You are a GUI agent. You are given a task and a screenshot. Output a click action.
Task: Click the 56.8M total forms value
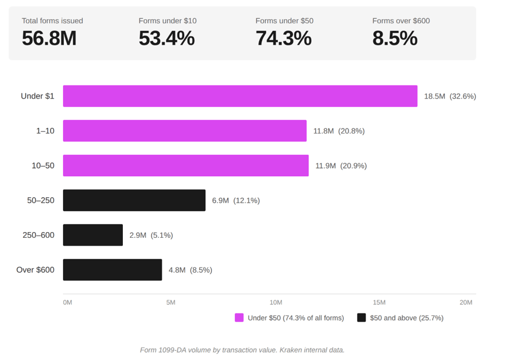coord(49,38)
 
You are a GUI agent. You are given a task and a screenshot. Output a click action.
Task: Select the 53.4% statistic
coord(166,38)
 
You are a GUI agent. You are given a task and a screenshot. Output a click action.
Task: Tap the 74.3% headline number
coord(283,38)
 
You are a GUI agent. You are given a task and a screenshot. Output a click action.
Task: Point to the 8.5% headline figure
coord(395,38)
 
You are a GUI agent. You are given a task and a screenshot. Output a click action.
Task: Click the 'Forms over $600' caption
coord(401,21)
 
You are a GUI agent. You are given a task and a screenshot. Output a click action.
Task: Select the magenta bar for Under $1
coord(240,96)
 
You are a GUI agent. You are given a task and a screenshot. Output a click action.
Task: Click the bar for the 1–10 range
coord(185,131)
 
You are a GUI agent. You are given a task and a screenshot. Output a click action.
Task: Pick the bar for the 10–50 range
coord(186,166)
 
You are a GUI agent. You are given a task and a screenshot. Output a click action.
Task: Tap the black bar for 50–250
coord(134,201)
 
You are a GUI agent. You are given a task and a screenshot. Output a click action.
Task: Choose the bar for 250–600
coord(93,235)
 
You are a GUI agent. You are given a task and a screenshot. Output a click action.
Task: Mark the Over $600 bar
coord(113,270)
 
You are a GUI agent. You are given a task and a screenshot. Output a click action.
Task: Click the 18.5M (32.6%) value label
coord(450,96)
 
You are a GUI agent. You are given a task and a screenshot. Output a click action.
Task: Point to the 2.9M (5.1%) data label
coord(151,235)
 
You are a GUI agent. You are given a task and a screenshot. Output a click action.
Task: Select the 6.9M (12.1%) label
coord(236,201)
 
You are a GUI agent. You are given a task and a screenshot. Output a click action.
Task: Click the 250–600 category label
coord(38,235)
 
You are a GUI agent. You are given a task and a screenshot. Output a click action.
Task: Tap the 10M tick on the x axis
coord(276,303)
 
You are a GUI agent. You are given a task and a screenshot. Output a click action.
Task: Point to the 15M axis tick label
coord(380,303)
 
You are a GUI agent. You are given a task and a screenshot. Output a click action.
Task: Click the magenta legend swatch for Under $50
coord(240,318)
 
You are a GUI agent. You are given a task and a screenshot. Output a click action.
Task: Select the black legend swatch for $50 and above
coord(362,318)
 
